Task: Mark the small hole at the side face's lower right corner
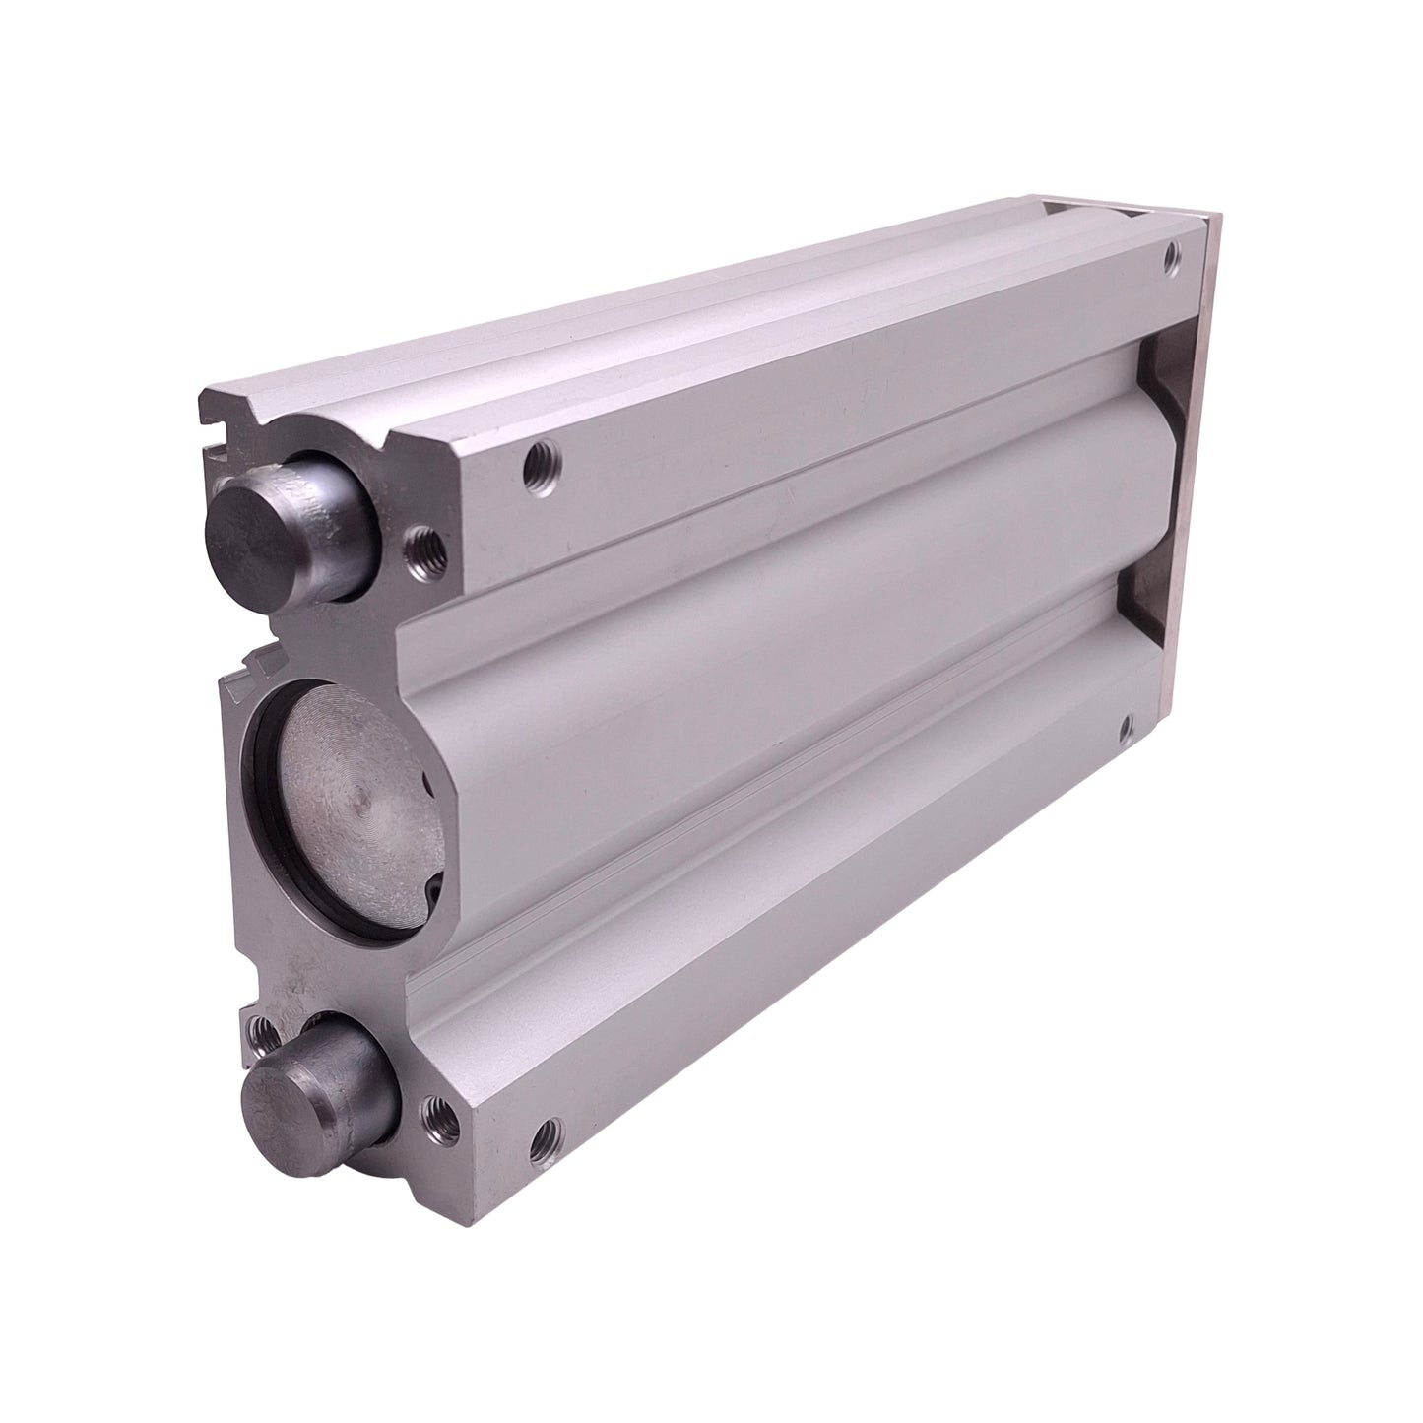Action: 1127,729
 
